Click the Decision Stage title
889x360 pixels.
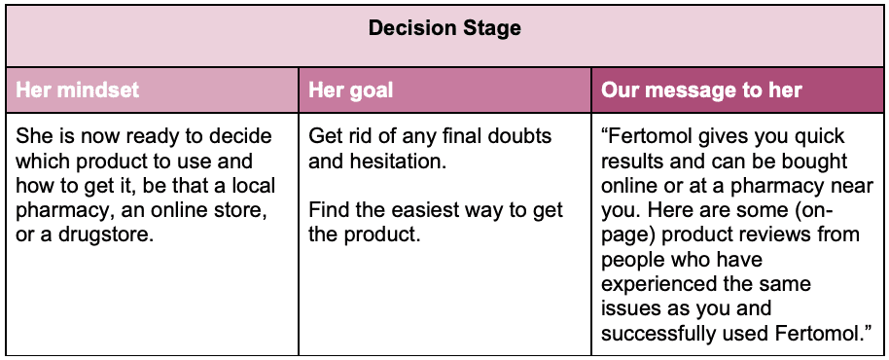[444, 28]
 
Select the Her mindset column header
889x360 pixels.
[78, 90]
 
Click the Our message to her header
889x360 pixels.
[701, 90]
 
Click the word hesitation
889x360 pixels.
[400, 161]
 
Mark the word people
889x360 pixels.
[632, 260]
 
